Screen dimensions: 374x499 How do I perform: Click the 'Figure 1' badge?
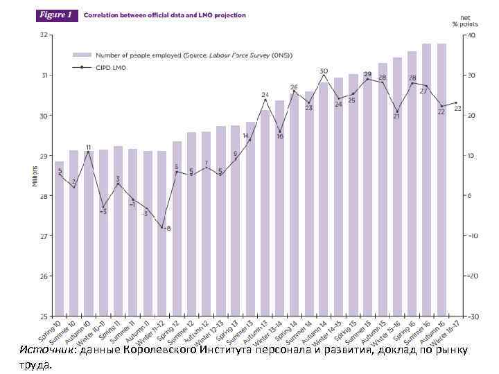[56, 15]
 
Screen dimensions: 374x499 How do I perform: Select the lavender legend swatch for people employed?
[82, 54]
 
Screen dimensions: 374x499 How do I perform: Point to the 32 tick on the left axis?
[44, 35]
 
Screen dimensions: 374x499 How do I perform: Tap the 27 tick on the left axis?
[44, 236]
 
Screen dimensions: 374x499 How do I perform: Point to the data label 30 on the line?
[324, 71]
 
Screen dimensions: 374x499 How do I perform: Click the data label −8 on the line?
[168, 229]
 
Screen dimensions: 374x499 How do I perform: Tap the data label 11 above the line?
[89, 148]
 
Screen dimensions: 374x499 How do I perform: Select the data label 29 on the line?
[367, 73]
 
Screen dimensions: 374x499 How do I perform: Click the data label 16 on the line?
[280, 136]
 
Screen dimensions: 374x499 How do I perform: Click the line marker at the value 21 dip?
[397, 111]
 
